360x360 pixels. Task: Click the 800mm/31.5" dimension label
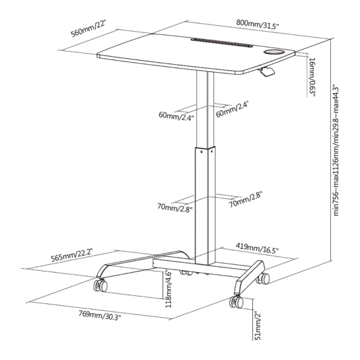tap(258, 24)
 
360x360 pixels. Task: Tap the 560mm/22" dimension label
tap(88, 28)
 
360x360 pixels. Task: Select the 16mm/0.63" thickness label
tap(312, 77)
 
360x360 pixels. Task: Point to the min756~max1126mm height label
tap(336, 151)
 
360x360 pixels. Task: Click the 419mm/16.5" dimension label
tap(257, 248)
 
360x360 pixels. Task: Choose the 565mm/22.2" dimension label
tap(71, 254)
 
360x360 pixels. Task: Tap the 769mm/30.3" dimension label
tap(100, 315)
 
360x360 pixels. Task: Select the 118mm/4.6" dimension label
tap(168, 289)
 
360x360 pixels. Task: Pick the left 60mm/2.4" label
tap(176, 116)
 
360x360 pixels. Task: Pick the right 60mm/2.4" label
tap(233, 110)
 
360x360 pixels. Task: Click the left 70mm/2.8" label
tap(175, 208)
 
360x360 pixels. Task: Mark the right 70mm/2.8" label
tap(246, 200)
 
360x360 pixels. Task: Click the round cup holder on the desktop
tap(273, 52)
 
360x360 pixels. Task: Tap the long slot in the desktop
tap(222, 42)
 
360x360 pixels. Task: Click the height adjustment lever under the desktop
tap(266, 71)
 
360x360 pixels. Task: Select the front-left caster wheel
tap(100, 285)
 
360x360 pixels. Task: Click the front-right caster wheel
tap(236, 302)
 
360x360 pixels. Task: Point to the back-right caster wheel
tap(264, 279)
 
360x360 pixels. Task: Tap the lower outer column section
tap(205, 205)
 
